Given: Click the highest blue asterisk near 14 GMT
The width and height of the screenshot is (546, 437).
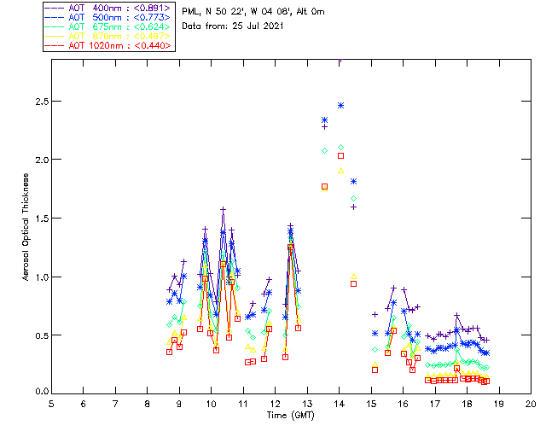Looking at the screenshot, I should [x=340, y=105].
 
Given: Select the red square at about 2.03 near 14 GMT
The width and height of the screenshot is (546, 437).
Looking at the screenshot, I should [x=340, y=155].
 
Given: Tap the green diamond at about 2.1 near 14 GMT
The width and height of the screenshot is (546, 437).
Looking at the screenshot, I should [x=340, y=148].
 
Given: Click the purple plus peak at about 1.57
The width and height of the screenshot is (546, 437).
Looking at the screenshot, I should [x=223, y=209].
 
